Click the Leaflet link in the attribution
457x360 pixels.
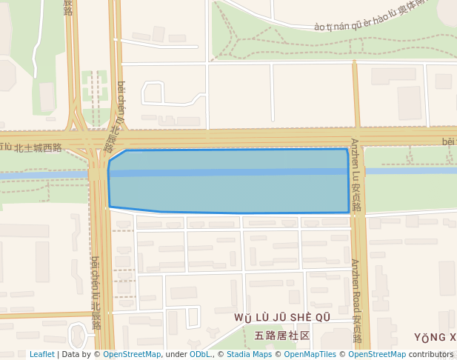(x=41, y=354)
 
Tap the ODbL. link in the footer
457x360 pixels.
(x=200, y=354)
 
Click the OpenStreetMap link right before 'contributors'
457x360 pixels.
(x=376, y=354)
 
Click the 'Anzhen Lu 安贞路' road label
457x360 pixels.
(x=356, y=175)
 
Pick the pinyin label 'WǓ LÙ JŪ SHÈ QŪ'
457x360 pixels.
(x=281, y=318)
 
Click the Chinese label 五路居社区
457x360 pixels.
(x=281, y=336)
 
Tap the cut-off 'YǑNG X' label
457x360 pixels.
(x=435, y=338)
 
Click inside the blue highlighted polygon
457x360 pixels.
(x=230, y=181)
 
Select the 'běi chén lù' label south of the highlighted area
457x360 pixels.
(x=96, y=293)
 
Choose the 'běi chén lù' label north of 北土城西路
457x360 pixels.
(x=119, y=115)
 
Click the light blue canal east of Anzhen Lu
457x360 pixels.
(x=411, y=171)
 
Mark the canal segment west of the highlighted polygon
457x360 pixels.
(x=44, y=176)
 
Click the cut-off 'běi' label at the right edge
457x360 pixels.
(x=448, y=141)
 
